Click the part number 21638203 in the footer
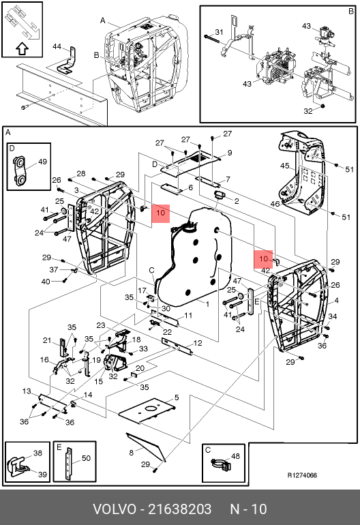179,509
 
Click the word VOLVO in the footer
114,509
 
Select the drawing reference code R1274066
302,475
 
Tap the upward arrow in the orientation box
22,49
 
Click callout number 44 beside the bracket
57,46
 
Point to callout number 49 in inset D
42,162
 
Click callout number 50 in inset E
86,458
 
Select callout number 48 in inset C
235,456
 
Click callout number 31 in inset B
219,32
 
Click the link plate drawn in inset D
19,170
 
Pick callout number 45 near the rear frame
284,166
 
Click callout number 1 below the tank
208,304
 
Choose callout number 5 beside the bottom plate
177,397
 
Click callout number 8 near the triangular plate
132,453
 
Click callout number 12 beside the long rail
198,343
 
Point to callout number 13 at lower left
27,391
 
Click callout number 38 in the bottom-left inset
37,453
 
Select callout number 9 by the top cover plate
230,153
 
